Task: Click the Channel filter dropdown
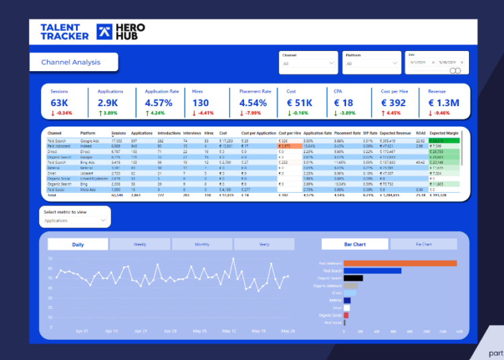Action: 308,64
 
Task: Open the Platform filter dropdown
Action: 372,64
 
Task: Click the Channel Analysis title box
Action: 74,62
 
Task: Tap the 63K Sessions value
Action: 59,103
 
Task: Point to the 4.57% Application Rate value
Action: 159,103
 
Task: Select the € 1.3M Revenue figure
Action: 444,103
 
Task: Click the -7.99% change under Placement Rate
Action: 255,113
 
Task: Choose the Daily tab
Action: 78,244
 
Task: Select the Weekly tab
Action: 140,244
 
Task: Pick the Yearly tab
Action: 264,244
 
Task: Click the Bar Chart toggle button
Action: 355,244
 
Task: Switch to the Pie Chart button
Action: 423,244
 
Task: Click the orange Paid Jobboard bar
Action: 400,263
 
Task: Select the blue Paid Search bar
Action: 372,271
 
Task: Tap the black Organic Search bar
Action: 353,278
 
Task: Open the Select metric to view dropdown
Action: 75,220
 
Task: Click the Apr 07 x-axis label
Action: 83,331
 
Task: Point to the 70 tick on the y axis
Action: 50,258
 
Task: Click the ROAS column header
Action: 421,133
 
